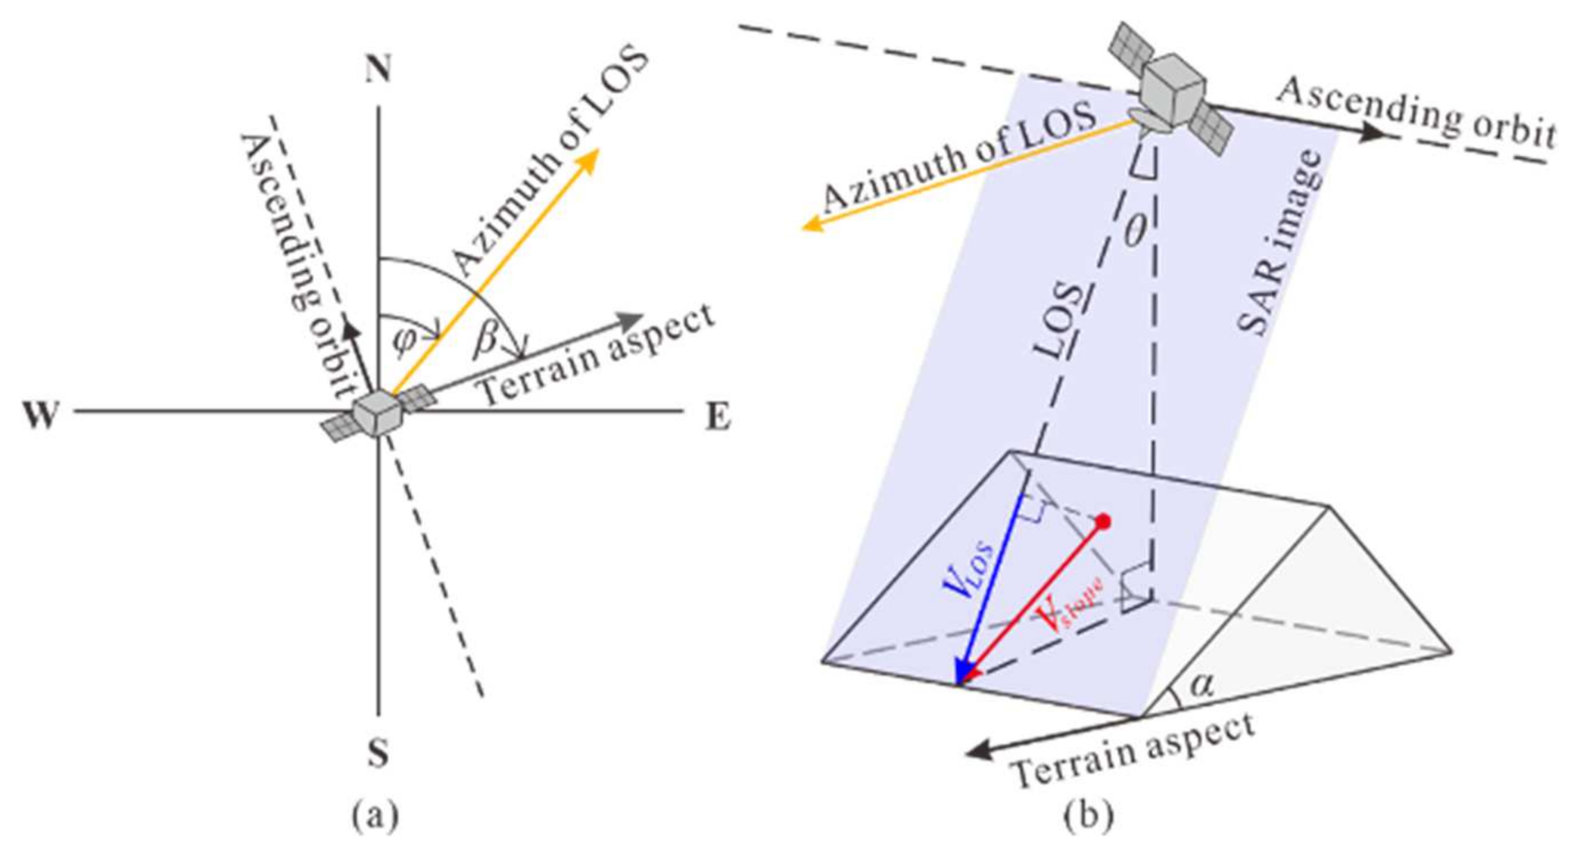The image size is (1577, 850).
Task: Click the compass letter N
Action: pyautogui.click(x=378, y=69)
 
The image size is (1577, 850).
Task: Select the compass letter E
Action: pyautogui.click(x=718, y=417)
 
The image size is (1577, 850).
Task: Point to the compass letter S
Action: pyautogui.click(x=378, y=752)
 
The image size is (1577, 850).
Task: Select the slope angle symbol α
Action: pyautogui.click(x=1201, y=685)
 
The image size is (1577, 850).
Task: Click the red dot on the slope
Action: pyautogui.click(x=1104, y=522)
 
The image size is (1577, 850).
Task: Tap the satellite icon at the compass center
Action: pyautogui.click(x=378, y=414)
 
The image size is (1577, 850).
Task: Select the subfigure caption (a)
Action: pyautogui.click(x=375, y=816)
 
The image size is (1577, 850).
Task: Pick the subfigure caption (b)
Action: pyautogui.click(x=1089, y=816)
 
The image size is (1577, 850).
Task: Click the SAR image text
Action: pyautogui.click(x=1280, y=242)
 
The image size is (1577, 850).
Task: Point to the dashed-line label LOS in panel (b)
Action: pyautogui.click(x=1059, y=321)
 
